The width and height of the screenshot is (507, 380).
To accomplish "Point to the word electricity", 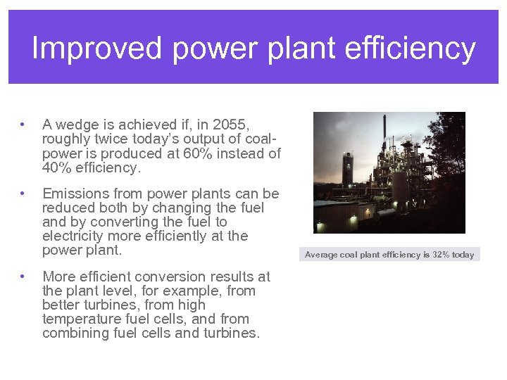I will [x=75, y=236].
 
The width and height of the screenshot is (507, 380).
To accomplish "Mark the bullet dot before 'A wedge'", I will [x=24, y=125].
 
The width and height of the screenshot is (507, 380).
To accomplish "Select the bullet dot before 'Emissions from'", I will [x=24, y=194].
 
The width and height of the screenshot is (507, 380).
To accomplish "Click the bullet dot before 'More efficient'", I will [x=24, y=277].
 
